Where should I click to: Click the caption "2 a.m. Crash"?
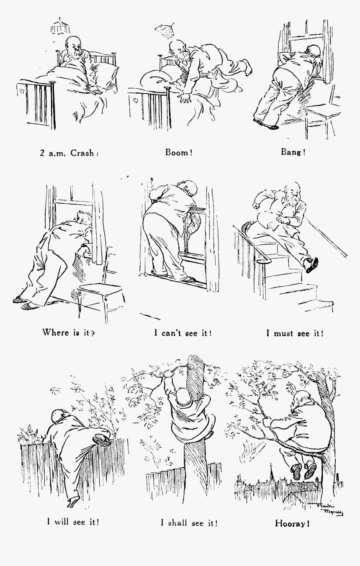[x=69, y=153]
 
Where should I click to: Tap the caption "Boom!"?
[x=179, y=153]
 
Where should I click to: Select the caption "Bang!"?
[x=293, y=152]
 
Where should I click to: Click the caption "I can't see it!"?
[x=182, y=333]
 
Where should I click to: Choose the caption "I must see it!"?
[x=295, y=333]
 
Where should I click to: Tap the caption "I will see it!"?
[x=73, y=522]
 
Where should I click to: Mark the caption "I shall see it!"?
[x=189, y=522]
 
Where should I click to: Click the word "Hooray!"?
[x=292, y=523]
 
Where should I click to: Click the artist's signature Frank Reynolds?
[x=331, y=510]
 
